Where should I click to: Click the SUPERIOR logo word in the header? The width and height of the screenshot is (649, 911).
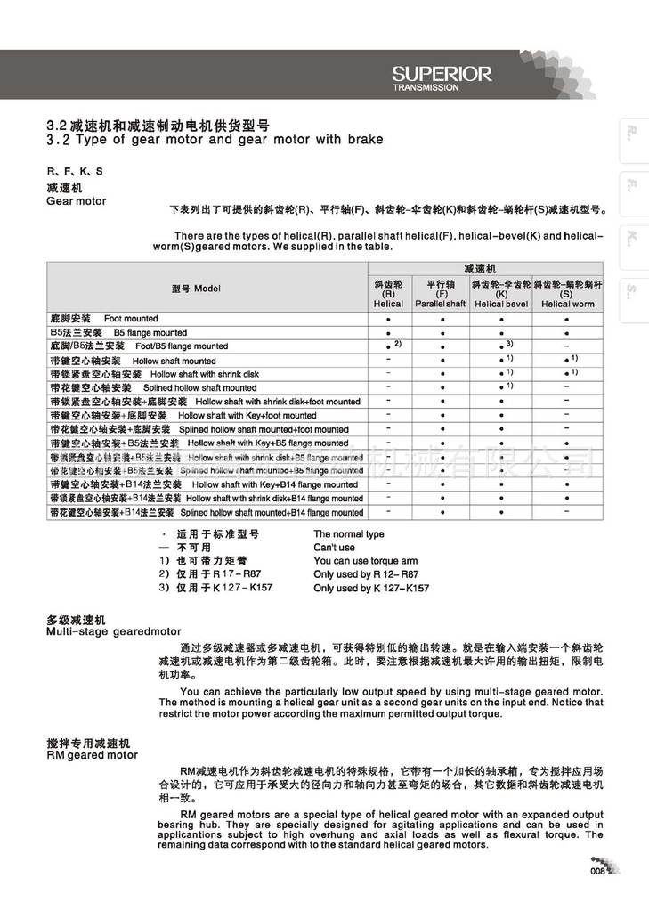coord(442,75)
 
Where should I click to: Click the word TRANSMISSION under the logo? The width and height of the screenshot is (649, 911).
coord(426,88)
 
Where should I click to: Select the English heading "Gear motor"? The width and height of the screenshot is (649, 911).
coord(76,201)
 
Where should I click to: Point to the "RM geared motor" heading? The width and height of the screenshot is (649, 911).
coord(92,754)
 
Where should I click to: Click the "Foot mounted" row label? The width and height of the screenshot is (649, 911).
coord(131,318)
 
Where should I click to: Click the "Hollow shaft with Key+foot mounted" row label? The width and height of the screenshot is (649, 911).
coord(247,416)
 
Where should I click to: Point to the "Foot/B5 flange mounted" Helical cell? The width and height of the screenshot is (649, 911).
coord(389,346)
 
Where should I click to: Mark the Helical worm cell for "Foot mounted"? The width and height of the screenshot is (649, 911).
coord(567,318)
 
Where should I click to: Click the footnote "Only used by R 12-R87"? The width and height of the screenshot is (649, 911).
coord(365,574)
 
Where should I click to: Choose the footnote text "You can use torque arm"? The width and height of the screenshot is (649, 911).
coord(365,561)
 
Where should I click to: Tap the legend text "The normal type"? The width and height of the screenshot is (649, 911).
coord(349,534)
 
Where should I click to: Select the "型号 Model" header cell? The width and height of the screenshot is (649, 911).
coord(197,289)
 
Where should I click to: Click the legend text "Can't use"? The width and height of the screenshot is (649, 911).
coord(334,548)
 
